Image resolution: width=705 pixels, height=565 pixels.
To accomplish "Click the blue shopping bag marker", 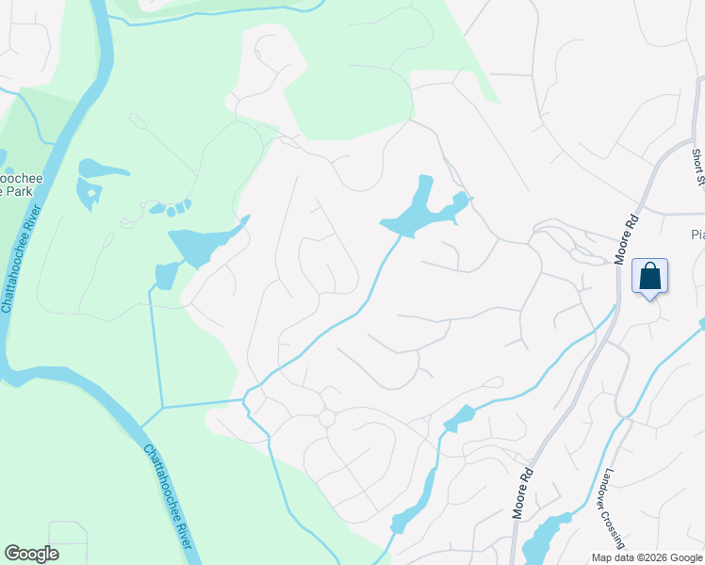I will point(649,277).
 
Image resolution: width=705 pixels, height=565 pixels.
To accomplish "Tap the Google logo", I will point(31,554).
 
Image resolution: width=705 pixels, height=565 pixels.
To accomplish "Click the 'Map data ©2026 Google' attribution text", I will point(646,557).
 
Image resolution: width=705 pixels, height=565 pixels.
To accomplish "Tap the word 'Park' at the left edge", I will point(16,191).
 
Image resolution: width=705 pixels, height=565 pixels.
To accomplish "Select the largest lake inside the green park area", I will point(200,243).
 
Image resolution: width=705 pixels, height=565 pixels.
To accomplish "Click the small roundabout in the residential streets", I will point(327,417).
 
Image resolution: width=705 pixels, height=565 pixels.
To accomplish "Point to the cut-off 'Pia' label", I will point(697,234).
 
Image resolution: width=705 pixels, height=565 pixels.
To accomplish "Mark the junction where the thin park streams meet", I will point(162,408).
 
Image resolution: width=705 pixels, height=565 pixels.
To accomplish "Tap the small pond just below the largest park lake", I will point(166,275).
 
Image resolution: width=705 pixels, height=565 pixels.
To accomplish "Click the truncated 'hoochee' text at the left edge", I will point(17,176).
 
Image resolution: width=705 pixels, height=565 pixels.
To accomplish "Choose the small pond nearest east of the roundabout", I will point(459,417).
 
